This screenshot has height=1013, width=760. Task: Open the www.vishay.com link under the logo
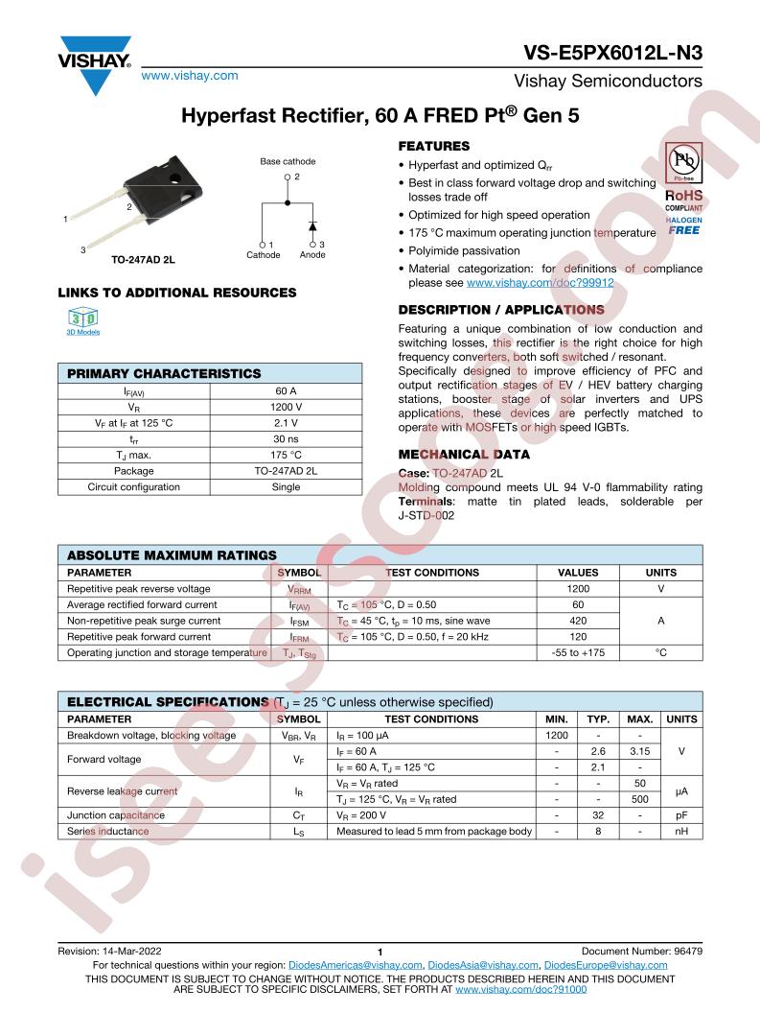(x=189, y=75)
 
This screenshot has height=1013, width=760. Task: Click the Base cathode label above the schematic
(x=288, y=162)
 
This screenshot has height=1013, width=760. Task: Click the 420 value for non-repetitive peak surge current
(x=577, y=621)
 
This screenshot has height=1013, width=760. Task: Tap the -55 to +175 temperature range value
(x=577, y=653)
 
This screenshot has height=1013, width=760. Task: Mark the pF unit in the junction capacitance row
(x=681, y=815)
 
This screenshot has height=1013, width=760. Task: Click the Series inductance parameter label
(x=107, y=832)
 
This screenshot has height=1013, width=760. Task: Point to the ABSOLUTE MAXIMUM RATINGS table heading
(x=172, y=555)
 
